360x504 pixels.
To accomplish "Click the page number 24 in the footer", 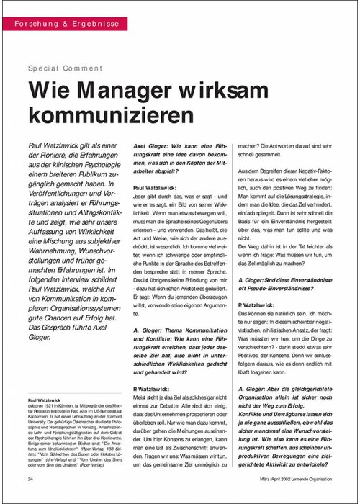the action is coord(30,479).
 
